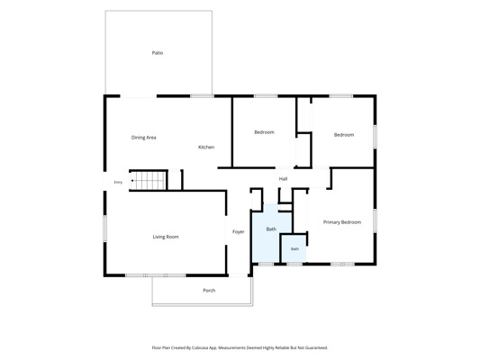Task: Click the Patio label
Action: pos(158,53)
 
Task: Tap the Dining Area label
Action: pos(143,138)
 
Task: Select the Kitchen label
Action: pos(206,147)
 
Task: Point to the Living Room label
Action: pos(166,237)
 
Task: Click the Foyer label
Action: pos(238,232)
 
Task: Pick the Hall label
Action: pos(283,179)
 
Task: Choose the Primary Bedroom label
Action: pos(342,222)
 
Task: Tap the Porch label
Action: pos(209,291)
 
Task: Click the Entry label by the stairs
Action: pos(118,183)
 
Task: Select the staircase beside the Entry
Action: pos(149,181)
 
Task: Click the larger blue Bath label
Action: pos(271,229)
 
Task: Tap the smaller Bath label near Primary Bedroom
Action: pos(294,249)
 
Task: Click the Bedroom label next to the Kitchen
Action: pos(264,132)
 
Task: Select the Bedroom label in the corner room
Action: pos(344,135)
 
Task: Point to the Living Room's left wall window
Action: pos(104,229)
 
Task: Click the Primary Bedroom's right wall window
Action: pos(375,220)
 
